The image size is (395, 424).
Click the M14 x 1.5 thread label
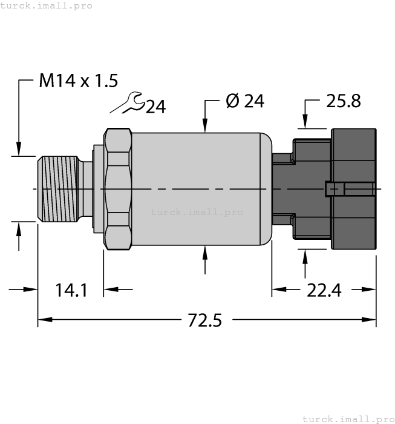[x=78, y=81]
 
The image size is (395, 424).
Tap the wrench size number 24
[x=155, y=107]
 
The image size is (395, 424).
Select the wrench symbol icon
[x=128, y=103]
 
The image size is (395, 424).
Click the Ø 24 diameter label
[x=244, y=102]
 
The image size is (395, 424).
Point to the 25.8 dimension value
[x=343, y=102]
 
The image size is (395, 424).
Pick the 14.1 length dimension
[x=71, y=291]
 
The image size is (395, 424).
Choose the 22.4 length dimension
[x=324, y=291]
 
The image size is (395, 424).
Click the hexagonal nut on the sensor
[x=117, y=189]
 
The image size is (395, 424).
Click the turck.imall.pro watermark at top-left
[x=47, y=5]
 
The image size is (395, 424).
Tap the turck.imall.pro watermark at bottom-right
[x=347, y=419]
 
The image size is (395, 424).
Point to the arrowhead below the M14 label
[x=19, y=149]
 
